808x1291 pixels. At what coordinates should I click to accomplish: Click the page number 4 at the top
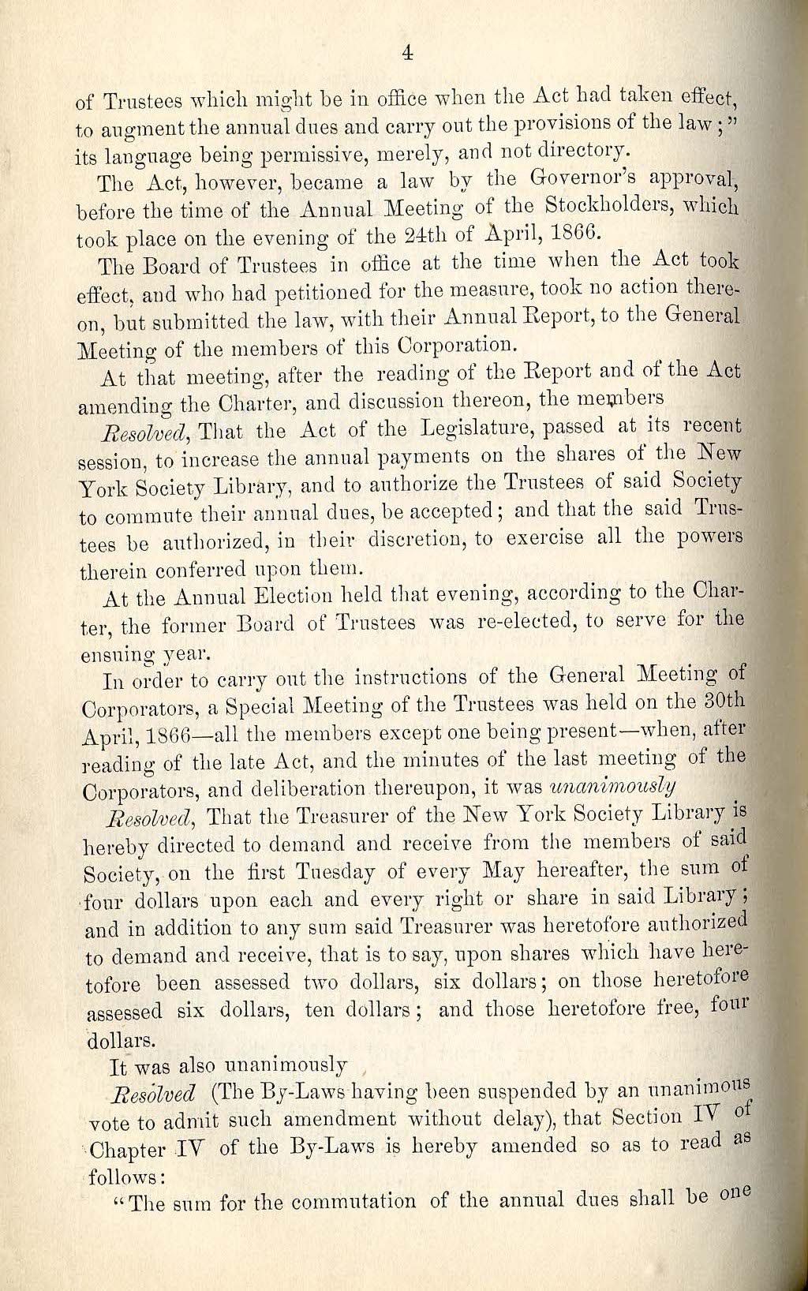408,53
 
